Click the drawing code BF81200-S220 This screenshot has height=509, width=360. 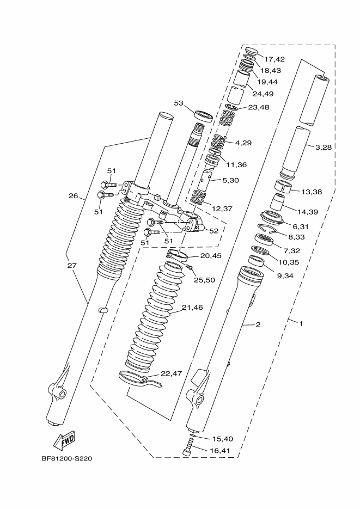(66, 458)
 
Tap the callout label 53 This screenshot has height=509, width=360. (179, 103)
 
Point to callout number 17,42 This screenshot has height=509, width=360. (274, 59)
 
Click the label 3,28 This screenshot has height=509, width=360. (323, 148)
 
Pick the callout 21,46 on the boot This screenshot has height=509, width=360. (192, 308)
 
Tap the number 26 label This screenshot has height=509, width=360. (74, 196)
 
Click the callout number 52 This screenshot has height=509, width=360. (214, 231)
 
